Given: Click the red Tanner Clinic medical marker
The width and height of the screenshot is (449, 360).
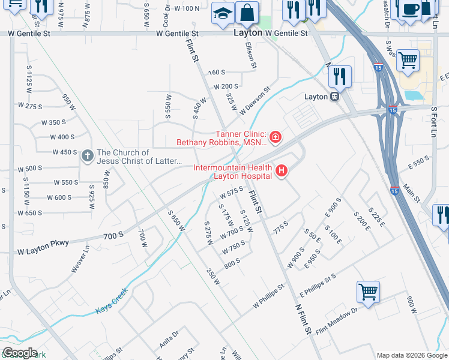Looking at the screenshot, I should click(x=275, y=138).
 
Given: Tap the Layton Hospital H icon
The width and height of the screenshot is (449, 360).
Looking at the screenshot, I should click(x=281, y=172).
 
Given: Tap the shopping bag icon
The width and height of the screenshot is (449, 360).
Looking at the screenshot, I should click(x=246, y=12).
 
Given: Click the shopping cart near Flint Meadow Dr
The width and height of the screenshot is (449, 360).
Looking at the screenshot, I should click(x=369, y=292).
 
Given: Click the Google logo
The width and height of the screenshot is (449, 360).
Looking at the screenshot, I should click(x=20, y=353).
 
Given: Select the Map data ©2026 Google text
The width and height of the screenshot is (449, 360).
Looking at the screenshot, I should click(x=411, y=355).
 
